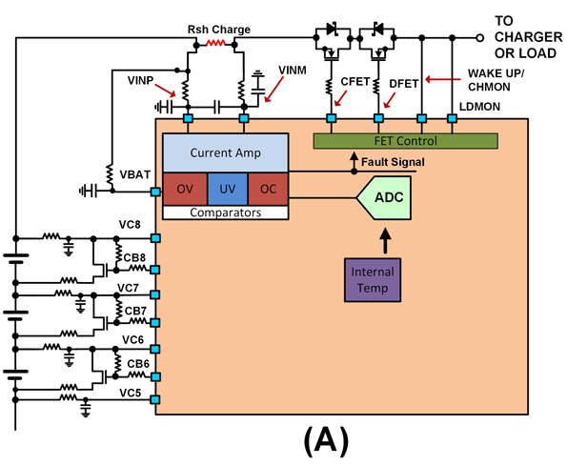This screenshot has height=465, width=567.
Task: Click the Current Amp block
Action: (225, 152)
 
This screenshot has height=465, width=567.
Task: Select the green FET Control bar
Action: (405, 141)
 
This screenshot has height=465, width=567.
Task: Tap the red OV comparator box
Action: (184, 189)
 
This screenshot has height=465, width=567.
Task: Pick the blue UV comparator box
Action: (226, 189)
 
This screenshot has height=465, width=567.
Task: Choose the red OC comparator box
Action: (268, 189)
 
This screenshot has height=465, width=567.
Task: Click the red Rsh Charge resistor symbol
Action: (217, 44)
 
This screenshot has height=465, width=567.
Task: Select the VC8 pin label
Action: (129, 225)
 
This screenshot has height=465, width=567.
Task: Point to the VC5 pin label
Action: (130, 393)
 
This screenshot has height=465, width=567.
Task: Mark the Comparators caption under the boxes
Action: (226, 212)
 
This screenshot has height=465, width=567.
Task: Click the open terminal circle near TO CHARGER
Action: (480, 39)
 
